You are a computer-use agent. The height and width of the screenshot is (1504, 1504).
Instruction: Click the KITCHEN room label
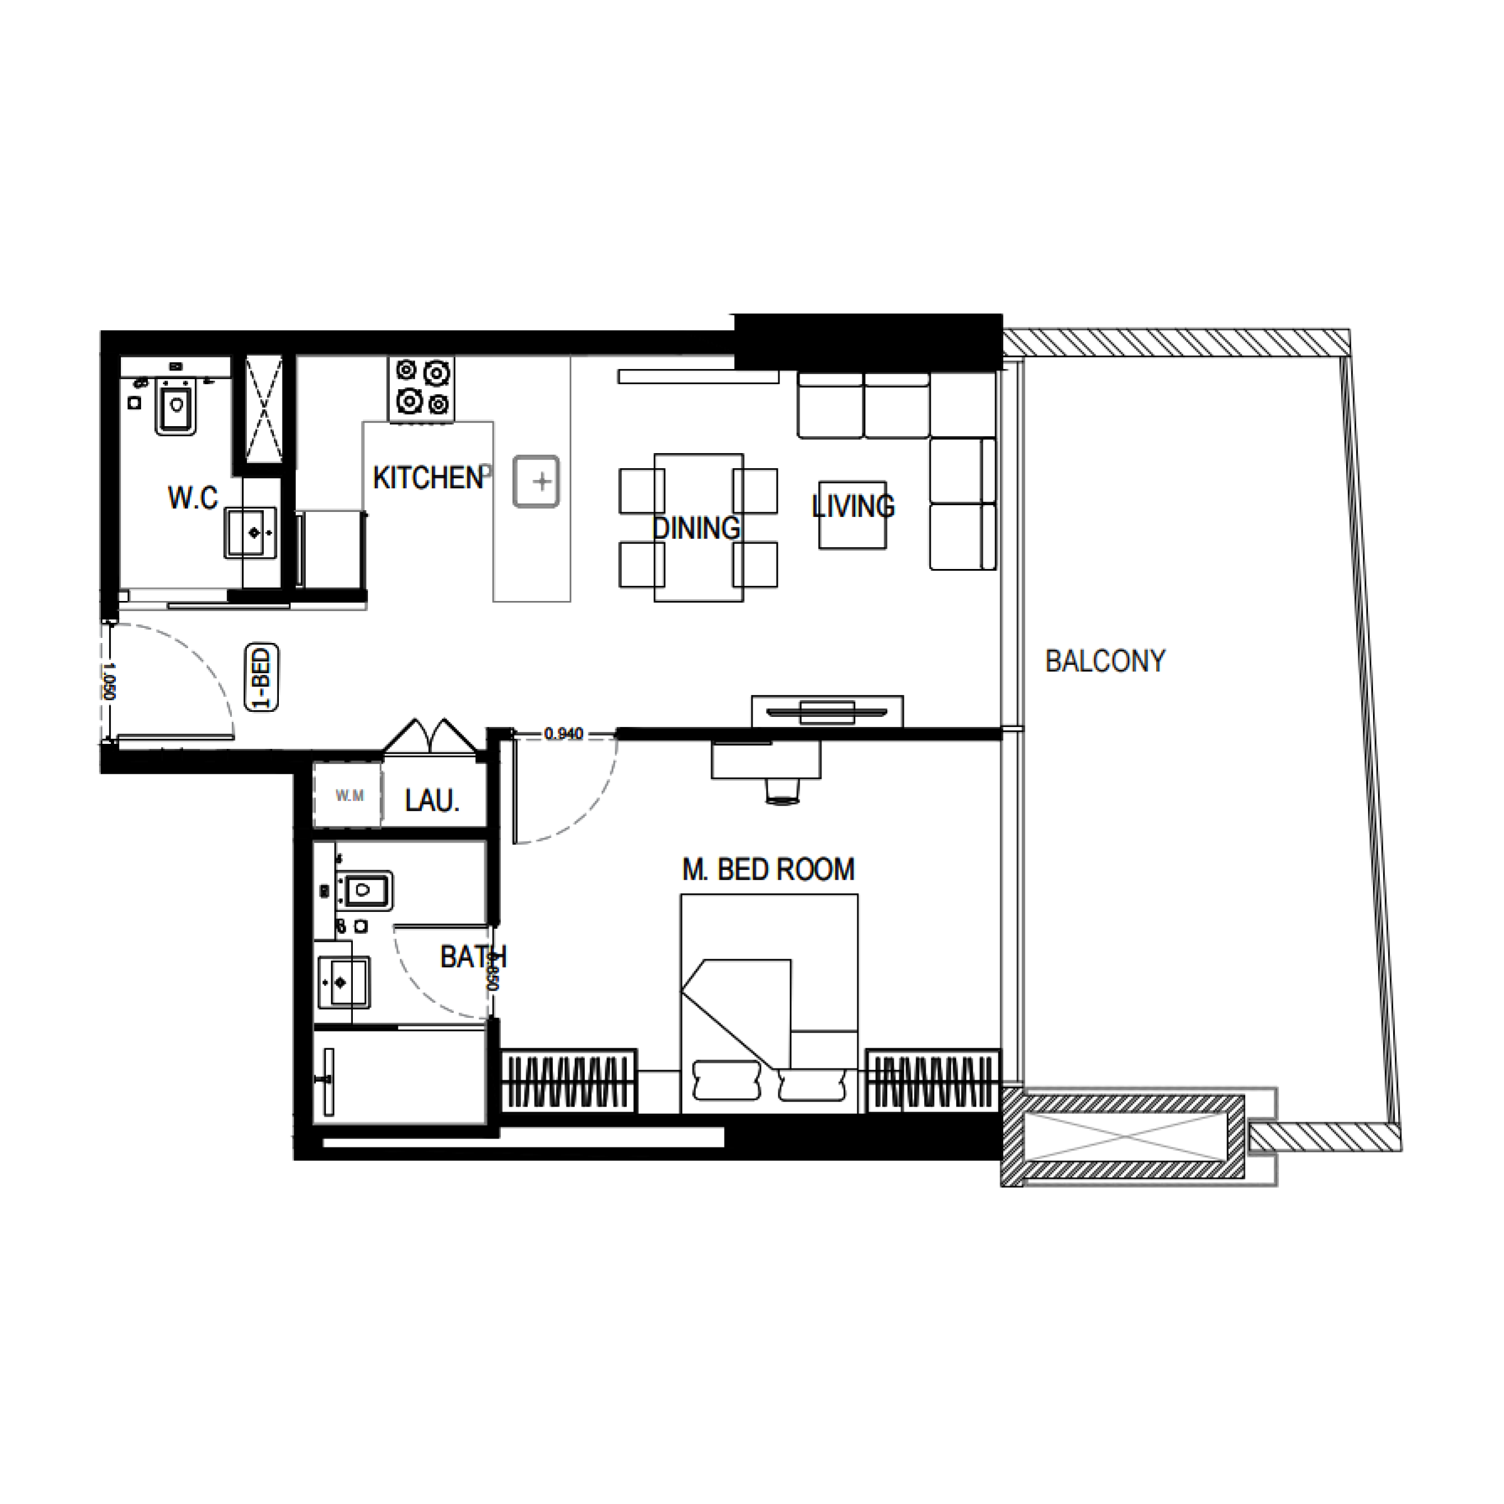(x=428, y=478)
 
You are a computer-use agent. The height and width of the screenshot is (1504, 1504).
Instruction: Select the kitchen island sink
(x=536, y=481)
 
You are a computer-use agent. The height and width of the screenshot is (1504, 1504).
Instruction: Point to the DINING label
(x=696, y=528)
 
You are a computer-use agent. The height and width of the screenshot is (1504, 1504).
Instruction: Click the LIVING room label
(x=853, y=507)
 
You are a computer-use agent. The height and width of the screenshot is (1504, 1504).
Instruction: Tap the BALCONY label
(x=1105, y=661)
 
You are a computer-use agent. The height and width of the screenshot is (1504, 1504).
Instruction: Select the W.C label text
(x=193, y=498)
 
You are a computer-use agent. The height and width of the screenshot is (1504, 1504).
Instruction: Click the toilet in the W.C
(x=177, y=405)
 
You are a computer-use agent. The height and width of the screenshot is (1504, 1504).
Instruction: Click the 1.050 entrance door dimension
(x=108, y=681)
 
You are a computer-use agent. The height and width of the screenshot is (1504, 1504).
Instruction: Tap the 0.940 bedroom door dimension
(x=563, y=733)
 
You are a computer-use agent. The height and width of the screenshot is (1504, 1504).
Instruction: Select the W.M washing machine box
(x=349, y=796)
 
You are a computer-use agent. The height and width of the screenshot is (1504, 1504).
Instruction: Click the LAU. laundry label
(x=432, y=800)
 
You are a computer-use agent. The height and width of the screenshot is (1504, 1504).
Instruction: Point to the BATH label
(x=473, y=957)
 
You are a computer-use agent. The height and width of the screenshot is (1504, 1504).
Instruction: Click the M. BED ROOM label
(x=768, y=869)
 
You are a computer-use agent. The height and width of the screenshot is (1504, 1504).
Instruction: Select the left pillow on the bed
(x=726, y=1080)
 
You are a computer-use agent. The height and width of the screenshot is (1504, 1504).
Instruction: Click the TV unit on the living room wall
(x=827, y=711)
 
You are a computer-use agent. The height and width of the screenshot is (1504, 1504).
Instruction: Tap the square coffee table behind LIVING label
(x=852, y=514)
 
